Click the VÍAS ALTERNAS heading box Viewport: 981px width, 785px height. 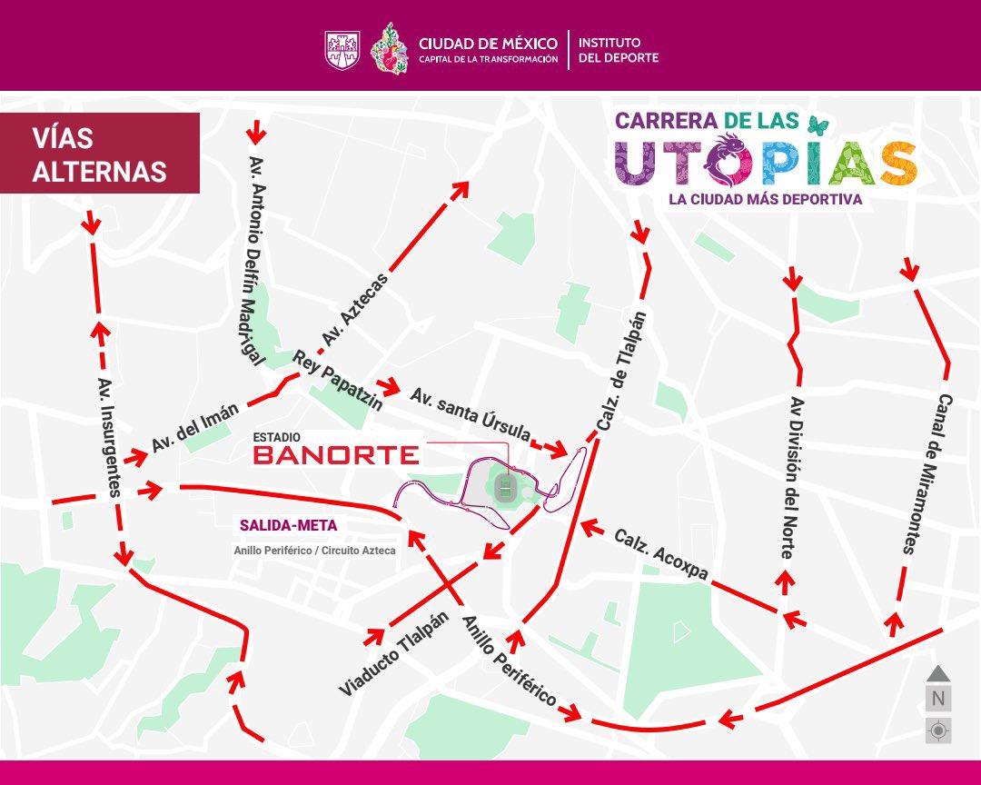pyautogui.click(x=100, y=153)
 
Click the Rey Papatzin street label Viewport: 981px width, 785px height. pyautogui.click(x=337, y=380)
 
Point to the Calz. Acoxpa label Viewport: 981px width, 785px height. pyautogui.click(x=660, y=553)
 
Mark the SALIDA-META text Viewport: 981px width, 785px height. pyautogui.click(x=288, y=525)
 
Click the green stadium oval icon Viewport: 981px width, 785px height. pyautogui.click(x=506, y=489)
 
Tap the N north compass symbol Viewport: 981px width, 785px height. pyautogui.click(x=938, y=699)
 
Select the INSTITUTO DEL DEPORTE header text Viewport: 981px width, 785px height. pyautogui.click(x=619, y=50)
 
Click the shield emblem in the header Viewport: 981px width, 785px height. pyautogui.click(x=342, y=50)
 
